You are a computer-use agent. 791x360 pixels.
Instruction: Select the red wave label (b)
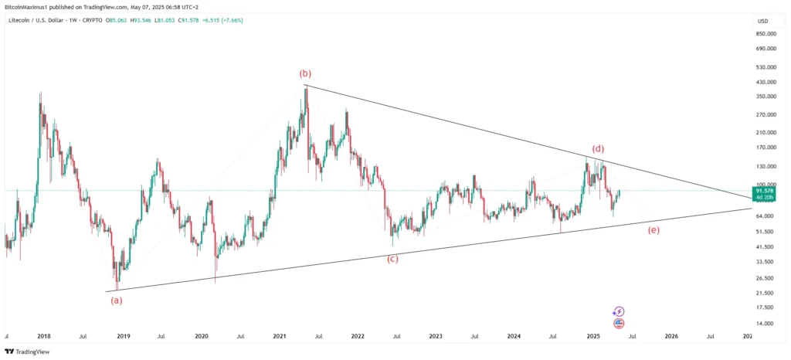[x=305, y=73]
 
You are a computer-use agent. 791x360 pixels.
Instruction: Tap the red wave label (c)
[x=392, y=258]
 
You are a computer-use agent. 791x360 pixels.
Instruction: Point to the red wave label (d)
[x=598, y=148]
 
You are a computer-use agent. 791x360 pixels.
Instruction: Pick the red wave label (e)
[x=654, y=230]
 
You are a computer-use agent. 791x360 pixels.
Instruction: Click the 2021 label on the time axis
[x=280, y=336]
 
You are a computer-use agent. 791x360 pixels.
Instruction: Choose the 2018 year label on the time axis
[x=44, y=336]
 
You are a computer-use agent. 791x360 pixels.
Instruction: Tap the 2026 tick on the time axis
[x=671, y=336]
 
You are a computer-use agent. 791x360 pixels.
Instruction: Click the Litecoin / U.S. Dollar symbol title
[x=47, y=18]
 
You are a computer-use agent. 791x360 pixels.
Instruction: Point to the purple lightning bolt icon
[x=618, y=311]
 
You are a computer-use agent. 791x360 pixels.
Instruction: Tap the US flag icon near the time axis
[x=618, y=323]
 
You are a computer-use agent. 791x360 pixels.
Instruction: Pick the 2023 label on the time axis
[x=436, y=336]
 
